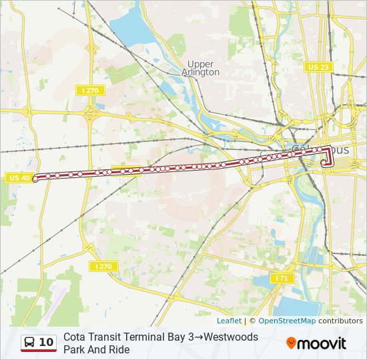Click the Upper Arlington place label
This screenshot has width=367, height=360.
201,68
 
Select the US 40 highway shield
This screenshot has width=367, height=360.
19,177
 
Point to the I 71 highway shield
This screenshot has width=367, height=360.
281,277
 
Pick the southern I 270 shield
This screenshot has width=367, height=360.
103,266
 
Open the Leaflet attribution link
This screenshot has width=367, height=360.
229,321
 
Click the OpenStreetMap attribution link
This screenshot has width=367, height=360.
287,321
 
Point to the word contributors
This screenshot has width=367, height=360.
340,321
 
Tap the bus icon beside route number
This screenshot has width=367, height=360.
30,342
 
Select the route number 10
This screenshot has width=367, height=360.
46,342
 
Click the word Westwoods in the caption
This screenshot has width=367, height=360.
231,337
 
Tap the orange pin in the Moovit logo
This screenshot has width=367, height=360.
291,343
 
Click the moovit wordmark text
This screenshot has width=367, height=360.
322,343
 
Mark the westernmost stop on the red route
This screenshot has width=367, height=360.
35,179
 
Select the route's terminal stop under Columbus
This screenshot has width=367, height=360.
324,162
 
